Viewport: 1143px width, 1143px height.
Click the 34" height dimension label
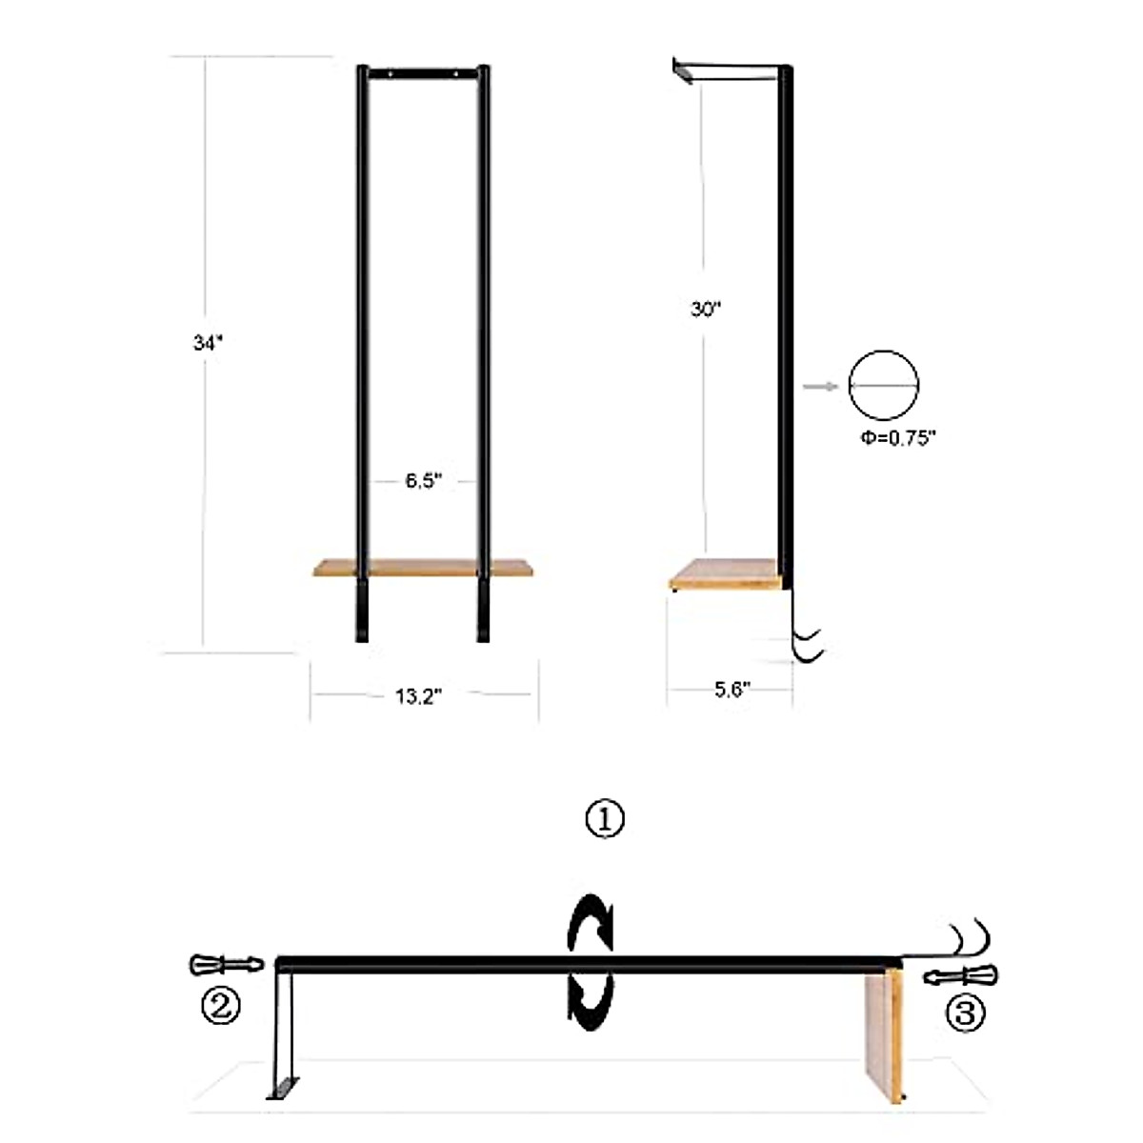tap(208, 343)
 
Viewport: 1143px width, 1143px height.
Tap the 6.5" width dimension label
tap(424, 480)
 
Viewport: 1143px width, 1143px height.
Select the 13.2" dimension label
tap(419, 696)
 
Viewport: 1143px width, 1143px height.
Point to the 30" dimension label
tap(705, 309)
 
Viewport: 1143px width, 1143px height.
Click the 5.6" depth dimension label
tap(732, 690)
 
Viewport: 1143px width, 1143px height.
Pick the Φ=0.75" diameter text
tap(898, 438)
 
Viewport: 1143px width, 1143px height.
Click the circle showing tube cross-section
tap(884, 386)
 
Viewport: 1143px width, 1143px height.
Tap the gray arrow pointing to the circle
tap(821, 387)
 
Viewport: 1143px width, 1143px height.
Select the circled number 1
tap(605, 820)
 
